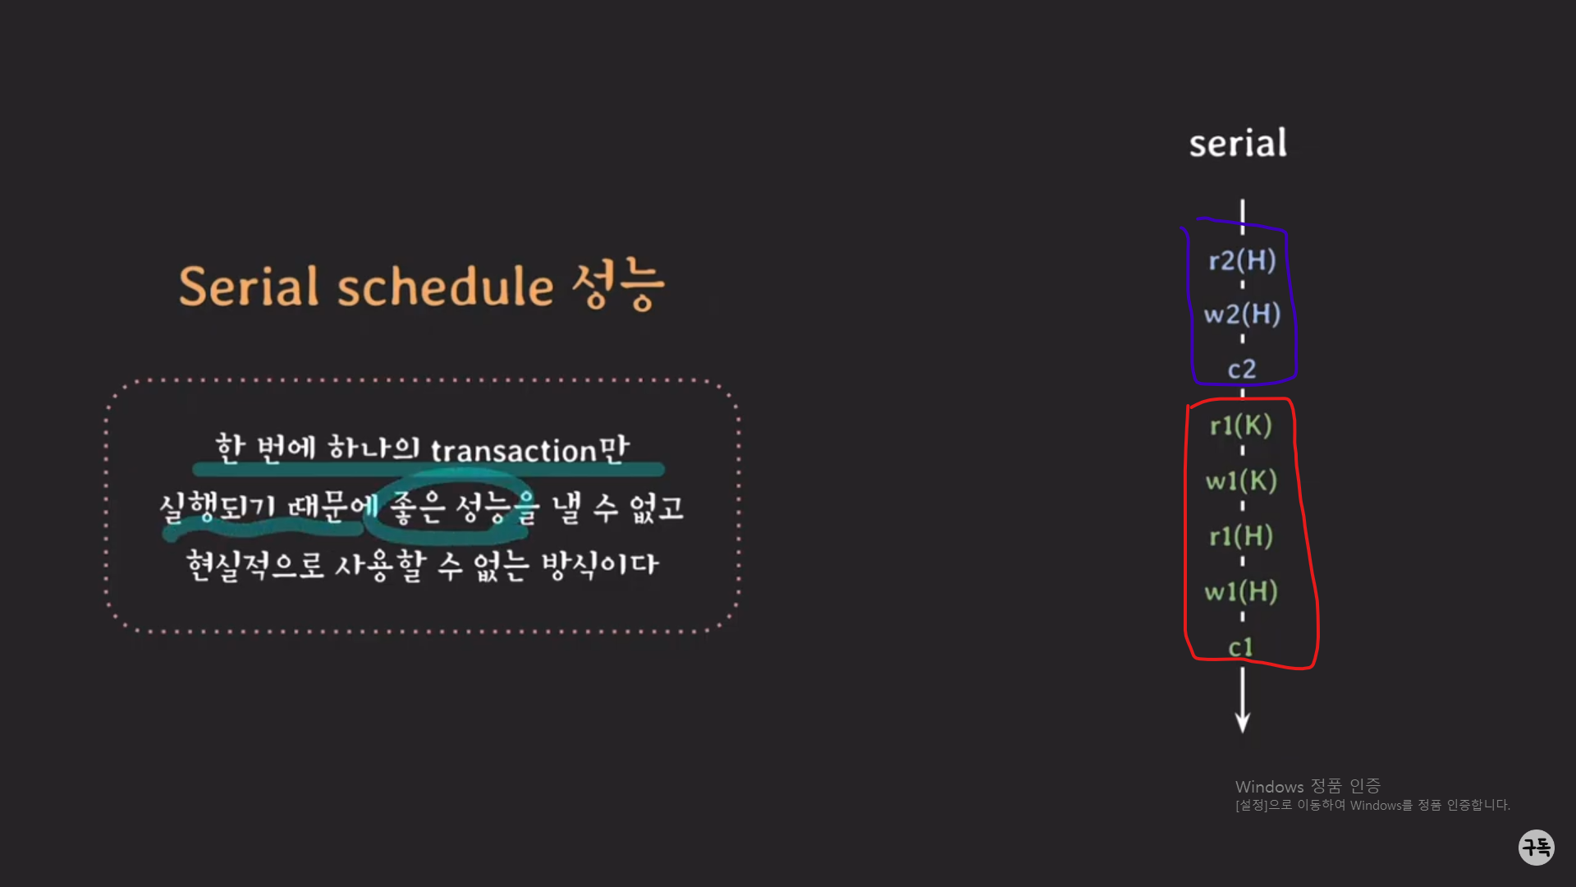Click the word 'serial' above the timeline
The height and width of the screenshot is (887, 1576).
(x=1238, y=144)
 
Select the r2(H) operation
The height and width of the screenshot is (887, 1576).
(x=1242, y=260)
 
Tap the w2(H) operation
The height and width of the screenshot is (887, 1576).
(x=1242, y=314)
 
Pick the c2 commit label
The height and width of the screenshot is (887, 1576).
(x=1242, y=369)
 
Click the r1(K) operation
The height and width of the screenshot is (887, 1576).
(x=1241, y=425)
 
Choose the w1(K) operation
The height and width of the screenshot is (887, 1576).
(x=1241, y=480)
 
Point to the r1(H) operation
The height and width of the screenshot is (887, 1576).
(x=1241, y=535)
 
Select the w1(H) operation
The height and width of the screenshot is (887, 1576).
(x=1241, y=591)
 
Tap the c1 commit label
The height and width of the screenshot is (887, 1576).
(x=1240, y=647)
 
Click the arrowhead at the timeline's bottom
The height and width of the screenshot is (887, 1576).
(x=1243, y=723)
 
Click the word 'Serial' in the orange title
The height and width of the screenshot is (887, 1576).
(x=249, y=287)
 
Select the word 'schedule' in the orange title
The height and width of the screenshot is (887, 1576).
(x=446, y=287)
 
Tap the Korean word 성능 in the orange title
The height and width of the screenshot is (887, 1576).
(x=617, y=285)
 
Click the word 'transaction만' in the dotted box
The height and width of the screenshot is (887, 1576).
(x=529, y=449)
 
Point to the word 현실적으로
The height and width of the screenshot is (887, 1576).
(x=255, y=565)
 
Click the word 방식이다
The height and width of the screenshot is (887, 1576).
(x=600, y=565)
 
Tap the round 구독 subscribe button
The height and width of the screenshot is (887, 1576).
(x=1536, y=847)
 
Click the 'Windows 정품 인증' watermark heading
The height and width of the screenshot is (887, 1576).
(x=1308, y=787)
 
